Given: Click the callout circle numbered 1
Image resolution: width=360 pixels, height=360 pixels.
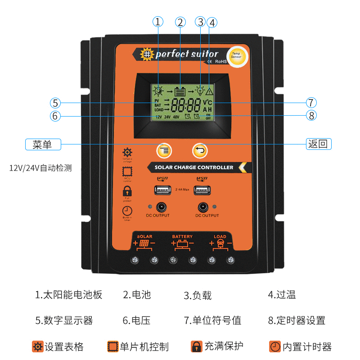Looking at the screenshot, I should (x=157, y=22).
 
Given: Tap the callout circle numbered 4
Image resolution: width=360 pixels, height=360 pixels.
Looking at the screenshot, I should (x=212, y=22).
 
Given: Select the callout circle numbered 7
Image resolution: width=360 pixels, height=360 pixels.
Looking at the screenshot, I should (x=311, y=102).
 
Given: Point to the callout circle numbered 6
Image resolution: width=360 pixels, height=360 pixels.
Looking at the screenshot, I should (x=55, y=116).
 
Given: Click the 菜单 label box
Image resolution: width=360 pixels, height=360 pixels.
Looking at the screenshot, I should (x=43, y=144).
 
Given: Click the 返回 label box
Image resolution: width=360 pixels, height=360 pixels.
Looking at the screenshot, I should (x=319, y=144).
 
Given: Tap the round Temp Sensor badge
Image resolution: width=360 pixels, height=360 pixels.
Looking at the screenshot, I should (x=236, y=57).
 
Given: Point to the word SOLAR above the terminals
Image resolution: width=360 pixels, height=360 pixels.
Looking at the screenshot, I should (x=144, y=236).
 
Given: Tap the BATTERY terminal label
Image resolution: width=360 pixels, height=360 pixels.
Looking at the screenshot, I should (x=182, y=236).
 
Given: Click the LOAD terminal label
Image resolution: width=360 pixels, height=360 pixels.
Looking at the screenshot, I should (x=220, y=236).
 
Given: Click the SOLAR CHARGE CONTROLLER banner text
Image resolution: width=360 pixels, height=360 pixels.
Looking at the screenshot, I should (x=194, y=167).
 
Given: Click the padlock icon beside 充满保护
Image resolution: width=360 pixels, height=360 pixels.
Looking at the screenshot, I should (x=196, y=346).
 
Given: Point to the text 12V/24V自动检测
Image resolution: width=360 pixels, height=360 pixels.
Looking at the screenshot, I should (x=40, y=168).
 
